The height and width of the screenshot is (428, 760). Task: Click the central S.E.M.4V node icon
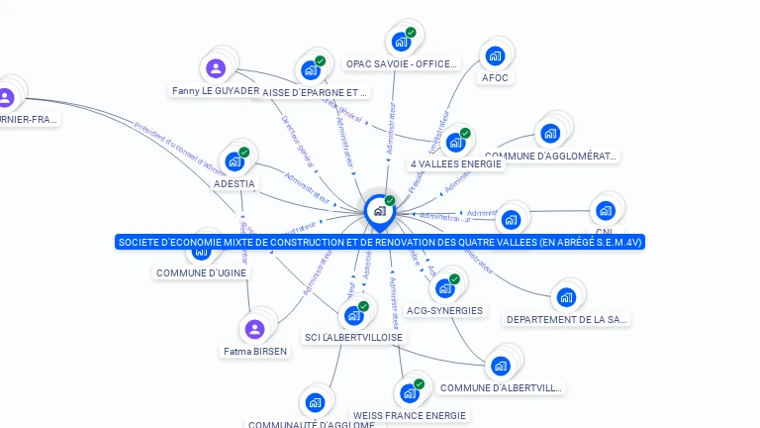tap(379, 211)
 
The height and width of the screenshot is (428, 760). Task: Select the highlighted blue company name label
tap(380, 242)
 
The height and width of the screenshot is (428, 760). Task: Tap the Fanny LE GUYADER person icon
tap(215, 68)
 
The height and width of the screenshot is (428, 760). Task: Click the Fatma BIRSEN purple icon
tap(255, 329)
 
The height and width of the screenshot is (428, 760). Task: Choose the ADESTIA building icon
tap(235, 161)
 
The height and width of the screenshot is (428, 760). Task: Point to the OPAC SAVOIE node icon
tap(401, 42)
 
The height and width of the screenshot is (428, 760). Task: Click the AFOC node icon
tap(495, 55)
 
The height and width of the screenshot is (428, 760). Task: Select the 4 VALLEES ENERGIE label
tap(455, 164)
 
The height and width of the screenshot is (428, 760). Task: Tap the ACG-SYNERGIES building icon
tap(444, 288)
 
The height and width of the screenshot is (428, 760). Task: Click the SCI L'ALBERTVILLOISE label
tap(354, 338)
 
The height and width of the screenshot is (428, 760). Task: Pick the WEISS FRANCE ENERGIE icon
tap(409, 393)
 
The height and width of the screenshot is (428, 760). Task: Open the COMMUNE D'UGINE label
tap(202, 272)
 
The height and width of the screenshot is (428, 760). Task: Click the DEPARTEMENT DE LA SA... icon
tap(566, 296)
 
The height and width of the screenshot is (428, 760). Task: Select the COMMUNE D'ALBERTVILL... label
tap(501, 387)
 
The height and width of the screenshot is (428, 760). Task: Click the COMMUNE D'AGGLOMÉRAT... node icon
tap(549, 134)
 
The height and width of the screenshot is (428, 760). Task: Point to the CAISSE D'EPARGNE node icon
tap(311, 70)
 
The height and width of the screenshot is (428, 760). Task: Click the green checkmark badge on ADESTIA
tap(243, 153)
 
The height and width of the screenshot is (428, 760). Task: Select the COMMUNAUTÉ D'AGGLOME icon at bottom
tap(315, 402)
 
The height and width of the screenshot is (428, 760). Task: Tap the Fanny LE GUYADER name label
tap(216, 91)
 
